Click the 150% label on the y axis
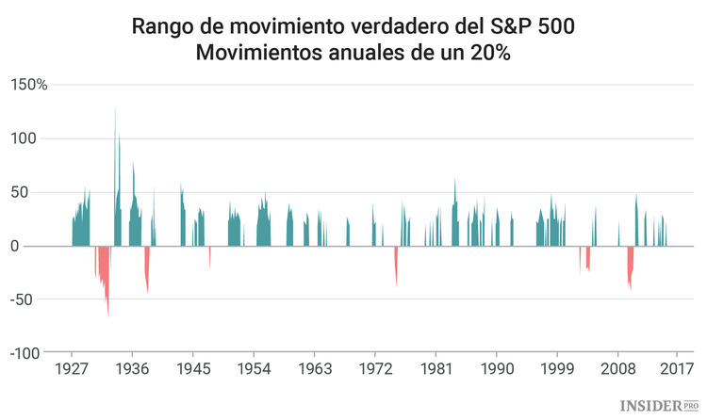point(28,85)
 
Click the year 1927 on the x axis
point(72,369)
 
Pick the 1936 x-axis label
point(132,369)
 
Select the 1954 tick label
point(254,369)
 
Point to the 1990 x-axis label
point(497,369)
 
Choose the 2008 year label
point(618,369)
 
